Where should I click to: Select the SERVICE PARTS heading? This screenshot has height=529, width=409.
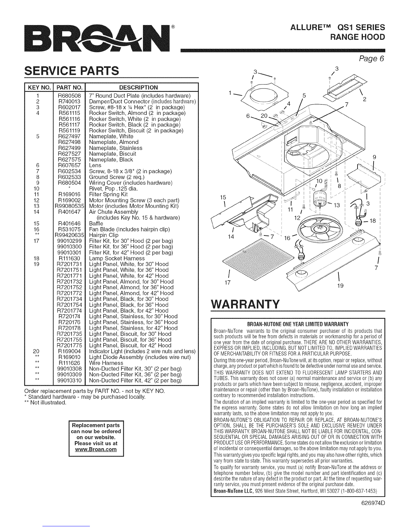click(x=72, y=70)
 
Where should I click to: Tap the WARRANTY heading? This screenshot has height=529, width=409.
click(x=246, y=304)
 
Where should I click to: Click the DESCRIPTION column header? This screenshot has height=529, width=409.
click(x=139, y=87)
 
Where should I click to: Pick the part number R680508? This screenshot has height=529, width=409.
click(x=69, y=96)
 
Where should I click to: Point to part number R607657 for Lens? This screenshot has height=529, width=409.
click(x=69, y=165)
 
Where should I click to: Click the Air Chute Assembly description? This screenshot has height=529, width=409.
click(x=114, y=212)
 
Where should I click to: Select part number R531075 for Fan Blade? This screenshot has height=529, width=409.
click(x=69, y=229)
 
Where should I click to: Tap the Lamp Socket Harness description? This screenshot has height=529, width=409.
click(x=117, y=258)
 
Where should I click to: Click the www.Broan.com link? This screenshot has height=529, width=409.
click(x=96, y=450)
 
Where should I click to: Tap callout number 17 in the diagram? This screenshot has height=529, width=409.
click(x=228, y=283)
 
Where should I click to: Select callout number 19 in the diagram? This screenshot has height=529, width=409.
click(x=340, y=286)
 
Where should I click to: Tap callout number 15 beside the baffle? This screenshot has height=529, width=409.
click(x=223, y=197)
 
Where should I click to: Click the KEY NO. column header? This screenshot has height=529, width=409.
click(x=39, y=87)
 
